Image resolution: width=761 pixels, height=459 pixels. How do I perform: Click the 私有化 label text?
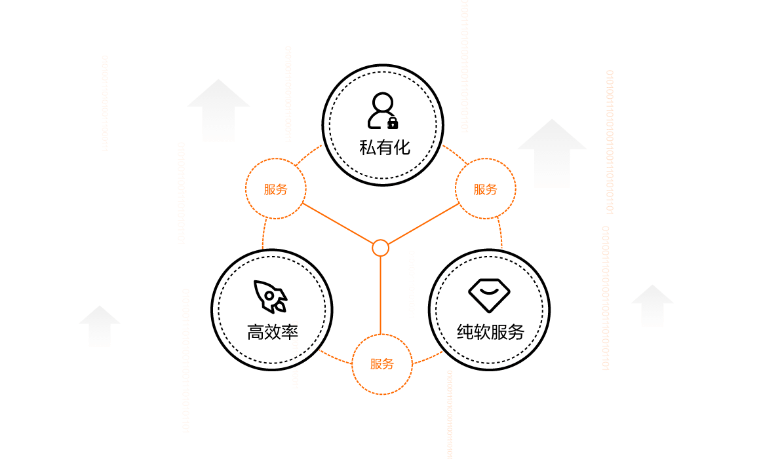(x=385, y=147)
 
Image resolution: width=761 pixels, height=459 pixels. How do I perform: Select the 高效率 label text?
(x=273, y=332)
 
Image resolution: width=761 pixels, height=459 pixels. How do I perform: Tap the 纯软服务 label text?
(x=490, y=332)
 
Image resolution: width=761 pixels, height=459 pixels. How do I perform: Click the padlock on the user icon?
(x=393, y=122)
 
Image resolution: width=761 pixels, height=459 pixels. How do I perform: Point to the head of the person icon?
(x=381, y=103)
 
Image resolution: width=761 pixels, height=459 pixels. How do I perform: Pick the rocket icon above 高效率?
(x=271, y=297)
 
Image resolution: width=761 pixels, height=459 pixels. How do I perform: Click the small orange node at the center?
(x=380, y=248)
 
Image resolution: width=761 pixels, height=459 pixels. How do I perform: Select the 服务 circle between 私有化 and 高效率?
(x=276, y=190)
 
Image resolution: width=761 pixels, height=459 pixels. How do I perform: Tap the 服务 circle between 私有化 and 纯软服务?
(x=486, y=190)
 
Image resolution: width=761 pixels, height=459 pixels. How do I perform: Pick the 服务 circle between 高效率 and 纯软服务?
(x=382, y=364)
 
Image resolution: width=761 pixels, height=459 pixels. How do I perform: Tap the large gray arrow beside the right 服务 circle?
(x=552, y=152)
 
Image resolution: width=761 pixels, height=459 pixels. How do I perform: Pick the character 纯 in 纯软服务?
(x=465, y=332)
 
